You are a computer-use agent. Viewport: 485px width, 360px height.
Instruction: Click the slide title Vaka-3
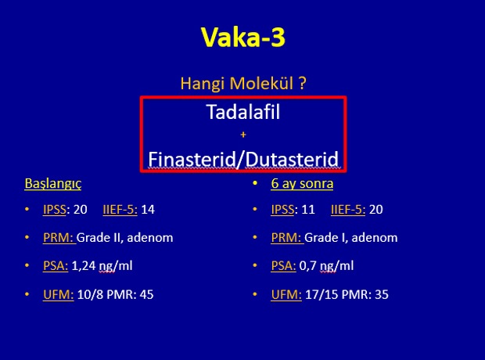coord(243,37)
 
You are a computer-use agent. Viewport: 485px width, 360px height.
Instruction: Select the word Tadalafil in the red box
coord(243,112)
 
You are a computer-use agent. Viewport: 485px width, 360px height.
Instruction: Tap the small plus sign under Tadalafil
coord(243,135)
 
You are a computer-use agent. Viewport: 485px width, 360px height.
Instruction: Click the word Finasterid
coord(192,159)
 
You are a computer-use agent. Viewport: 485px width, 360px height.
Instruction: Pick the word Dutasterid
coord(292,159)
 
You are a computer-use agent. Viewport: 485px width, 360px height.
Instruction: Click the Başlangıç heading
coord(53,183)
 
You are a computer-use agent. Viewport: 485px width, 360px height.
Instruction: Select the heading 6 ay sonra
coord(302,183)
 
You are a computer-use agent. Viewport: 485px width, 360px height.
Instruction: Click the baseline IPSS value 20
coord(80,210)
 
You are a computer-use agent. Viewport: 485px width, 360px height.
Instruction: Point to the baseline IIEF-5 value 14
coord(148,210)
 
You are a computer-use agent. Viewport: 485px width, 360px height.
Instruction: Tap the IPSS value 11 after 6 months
coord(308,210)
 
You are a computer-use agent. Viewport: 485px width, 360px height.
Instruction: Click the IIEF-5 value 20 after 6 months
coord(376,210)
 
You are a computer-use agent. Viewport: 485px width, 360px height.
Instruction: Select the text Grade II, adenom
coord(125,238)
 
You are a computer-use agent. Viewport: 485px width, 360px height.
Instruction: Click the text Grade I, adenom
coord(351,238)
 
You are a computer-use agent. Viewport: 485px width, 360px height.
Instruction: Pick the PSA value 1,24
coord(84,266)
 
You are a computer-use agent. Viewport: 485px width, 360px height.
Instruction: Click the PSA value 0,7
coord(307,266)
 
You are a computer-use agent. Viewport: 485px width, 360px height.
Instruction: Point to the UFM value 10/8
coord(90,294)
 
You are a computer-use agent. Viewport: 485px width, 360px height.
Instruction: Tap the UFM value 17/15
coord(321,294)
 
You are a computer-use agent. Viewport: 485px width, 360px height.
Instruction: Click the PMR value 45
coord(146,294)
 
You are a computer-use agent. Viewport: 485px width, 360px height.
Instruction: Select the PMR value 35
coord(382,294)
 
